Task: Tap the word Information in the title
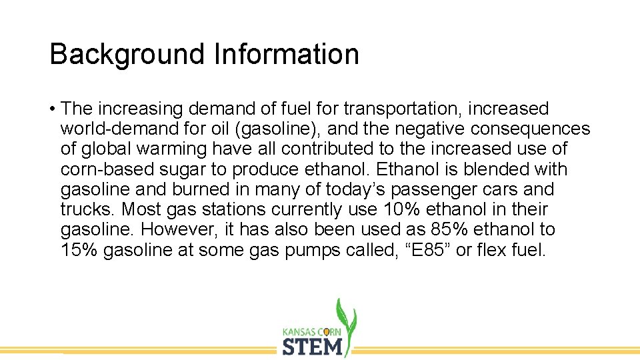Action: point(287,54)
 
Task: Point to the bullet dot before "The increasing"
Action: point(52,109)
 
